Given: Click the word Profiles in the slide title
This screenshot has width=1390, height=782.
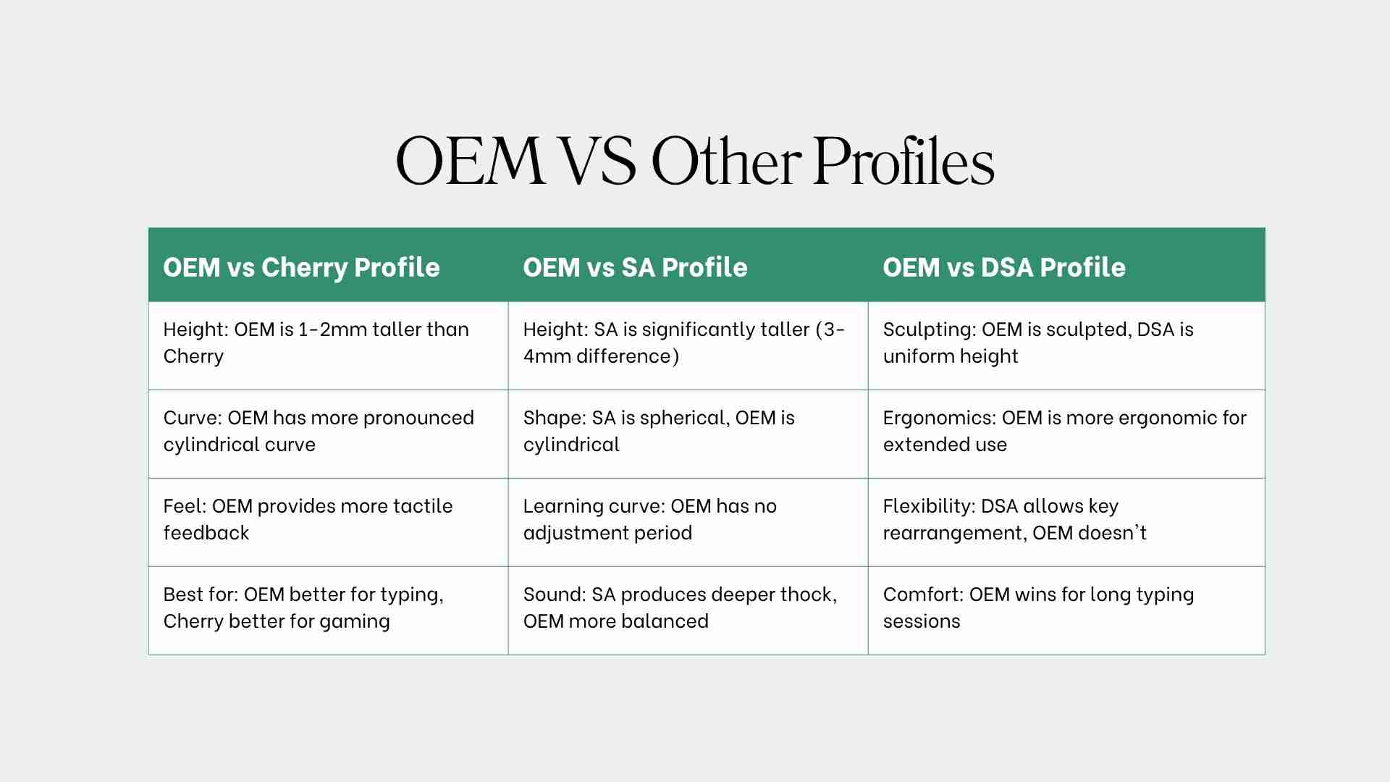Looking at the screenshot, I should click(903, 161).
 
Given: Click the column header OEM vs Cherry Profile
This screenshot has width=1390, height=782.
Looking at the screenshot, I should click(301, 267).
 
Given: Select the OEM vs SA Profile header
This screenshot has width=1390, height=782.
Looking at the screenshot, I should click(635, 267).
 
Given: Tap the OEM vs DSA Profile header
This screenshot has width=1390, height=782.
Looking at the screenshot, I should click(1004, 267).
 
